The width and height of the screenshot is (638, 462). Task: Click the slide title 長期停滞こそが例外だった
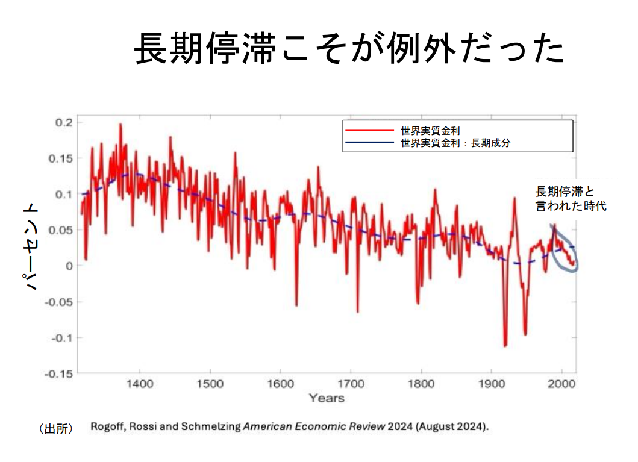click(349, 49)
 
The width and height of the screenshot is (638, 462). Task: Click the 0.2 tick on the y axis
click(64, 122)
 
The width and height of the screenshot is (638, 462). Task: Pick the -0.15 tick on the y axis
click(60, 373)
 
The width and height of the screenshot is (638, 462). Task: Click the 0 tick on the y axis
click(69, 266)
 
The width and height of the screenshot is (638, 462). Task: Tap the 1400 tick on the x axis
click(139, 384)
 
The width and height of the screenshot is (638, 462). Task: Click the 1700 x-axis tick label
click(351, 384)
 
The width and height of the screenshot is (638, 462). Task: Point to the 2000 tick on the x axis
click(561, 384)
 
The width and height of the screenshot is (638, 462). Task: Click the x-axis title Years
click(327, 398)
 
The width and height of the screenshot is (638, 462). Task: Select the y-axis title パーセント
click(31, 247)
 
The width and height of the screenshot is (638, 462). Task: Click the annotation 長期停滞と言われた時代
click(570, 199)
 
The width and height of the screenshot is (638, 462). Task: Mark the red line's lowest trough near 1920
click(505, 345)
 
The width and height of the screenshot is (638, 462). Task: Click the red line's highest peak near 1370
click(120, 125)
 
